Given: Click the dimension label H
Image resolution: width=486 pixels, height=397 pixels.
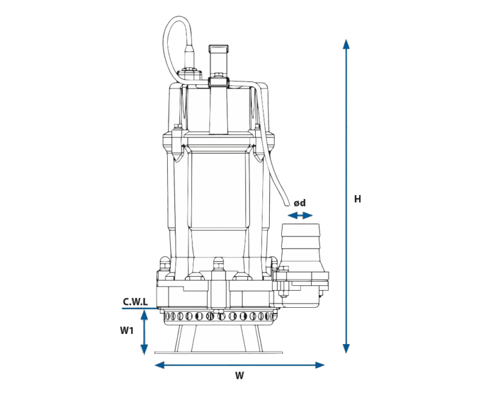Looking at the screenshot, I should pos(358,199).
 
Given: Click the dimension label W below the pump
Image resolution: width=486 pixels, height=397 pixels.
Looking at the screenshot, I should pos(239,376).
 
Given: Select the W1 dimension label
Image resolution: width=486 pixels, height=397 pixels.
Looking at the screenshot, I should pos(126,331).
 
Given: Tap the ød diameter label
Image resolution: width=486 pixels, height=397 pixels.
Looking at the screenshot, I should pos(299,203).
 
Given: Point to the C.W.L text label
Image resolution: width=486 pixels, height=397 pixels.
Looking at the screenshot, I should pos(135,301).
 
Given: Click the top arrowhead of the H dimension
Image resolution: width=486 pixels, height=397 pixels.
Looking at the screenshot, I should pos(346,44).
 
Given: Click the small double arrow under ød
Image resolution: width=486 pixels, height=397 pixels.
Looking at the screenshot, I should pos(300,215).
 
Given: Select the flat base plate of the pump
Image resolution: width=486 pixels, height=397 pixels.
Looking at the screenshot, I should pos(219,351).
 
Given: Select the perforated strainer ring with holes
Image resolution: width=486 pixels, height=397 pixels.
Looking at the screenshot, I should pos(219,316).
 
